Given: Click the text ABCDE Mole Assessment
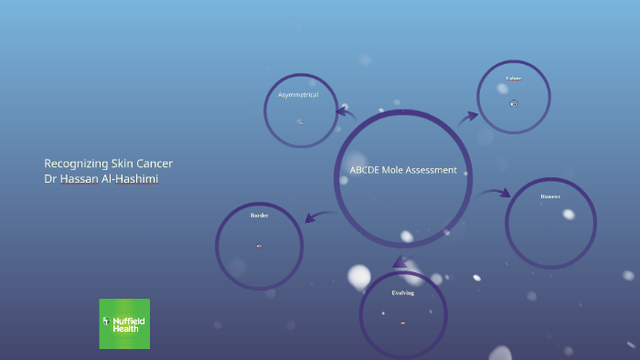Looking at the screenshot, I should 402,170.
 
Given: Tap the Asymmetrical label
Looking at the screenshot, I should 298,95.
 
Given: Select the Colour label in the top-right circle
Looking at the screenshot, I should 514,79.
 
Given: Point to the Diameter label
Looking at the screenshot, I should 550,196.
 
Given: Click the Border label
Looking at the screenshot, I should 259,216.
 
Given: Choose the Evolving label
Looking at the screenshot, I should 403,293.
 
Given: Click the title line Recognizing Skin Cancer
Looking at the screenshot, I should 108,164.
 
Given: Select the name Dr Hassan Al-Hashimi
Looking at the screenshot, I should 101,179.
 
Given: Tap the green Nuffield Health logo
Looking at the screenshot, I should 124,323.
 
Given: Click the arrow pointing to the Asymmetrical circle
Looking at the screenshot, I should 346,113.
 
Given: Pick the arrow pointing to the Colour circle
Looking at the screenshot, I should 468,117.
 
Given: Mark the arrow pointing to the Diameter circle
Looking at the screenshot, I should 494,193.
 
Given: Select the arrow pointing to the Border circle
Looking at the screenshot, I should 318,217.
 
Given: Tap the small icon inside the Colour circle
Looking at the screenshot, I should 514,103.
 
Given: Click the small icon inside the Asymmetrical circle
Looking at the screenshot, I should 300,122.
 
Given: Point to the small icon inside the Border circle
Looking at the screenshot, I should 259,246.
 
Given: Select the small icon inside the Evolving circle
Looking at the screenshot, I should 403,323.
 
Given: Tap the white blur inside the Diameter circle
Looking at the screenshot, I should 569,215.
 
